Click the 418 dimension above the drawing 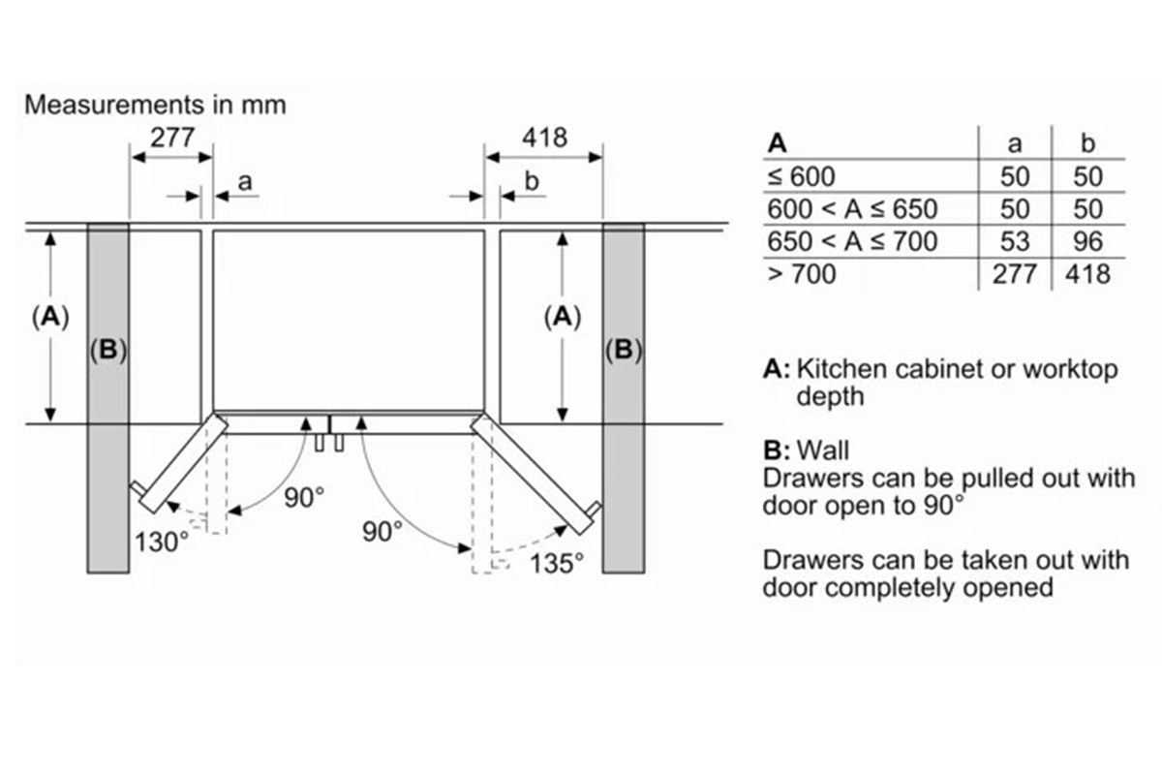(545, 137)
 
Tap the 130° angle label (163, 542)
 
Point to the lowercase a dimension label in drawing (244, 181)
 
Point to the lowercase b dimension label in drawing (531, 181)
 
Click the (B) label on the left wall (107, 351)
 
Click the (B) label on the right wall (624, 351)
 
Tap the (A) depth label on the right (563, 317)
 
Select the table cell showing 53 (1014, 240)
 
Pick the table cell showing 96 (1086, 240)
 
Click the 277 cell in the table (1014, 274)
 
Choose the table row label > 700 (802, 274)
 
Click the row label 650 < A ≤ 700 (852, 240)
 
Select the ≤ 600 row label (801, 176)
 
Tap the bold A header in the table (777, 144)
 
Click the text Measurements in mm (155, 105)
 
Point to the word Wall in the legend (823, 450)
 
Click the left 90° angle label (305, 498)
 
